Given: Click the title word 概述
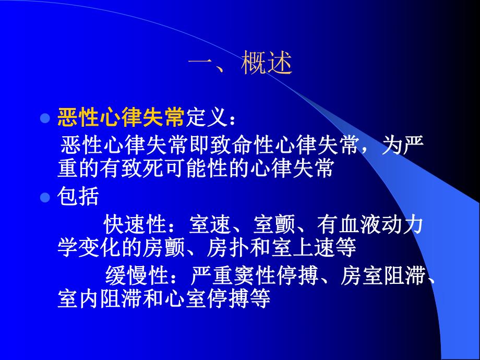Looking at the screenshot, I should click(x=266, y=65).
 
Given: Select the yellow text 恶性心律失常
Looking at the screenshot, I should click(x=121, y=118).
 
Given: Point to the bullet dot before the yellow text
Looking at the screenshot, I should click(x=45, y=118).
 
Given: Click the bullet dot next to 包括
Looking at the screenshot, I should click(x=45, y=197).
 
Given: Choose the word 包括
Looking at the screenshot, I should click(x=78, y=197).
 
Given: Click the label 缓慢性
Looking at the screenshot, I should click(x=135, y=274).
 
